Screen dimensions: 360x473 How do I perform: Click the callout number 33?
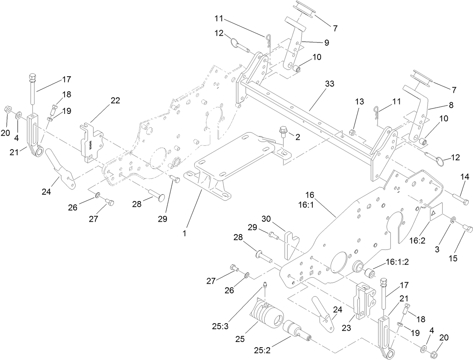point(329,84)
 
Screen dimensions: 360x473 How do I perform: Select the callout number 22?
point(115,100)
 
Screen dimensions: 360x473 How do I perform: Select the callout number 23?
point(346,328)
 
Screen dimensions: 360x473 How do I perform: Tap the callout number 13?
point(359,102)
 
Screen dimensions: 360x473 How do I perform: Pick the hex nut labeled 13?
point(353,132)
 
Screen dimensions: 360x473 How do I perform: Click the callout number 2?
point(297,137)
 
